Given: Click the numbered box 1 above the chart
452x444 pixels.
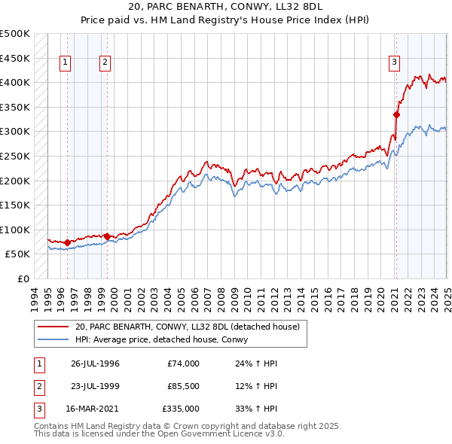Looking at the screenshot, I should (66, 63).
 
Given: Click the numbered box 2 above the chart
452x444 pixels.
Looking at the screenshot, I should (105, 63).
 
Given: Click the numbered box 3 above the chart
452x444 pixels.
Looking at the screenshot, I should (394, 63).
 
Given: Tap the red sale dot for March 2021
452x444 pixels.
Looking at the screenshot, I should (396, 114).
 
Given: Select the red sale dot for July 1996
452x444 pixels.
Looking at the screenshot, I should (68, 242).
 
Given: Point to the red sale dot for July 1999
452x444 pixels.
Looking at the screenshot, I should (107, 236).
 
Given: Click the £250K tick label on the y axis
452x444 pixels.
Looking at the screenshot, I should (15, 156).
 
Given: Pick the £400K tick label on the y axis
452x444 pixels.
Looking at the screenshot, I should (15, 82).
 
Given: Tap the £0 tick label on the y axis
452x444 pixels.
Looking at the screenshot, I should (23, 278).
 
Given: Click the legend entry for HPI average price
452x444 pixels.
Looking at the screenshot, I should (166, 340).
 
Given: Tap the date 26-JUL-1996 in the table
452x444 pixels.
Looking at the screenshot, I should (95, 363).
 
